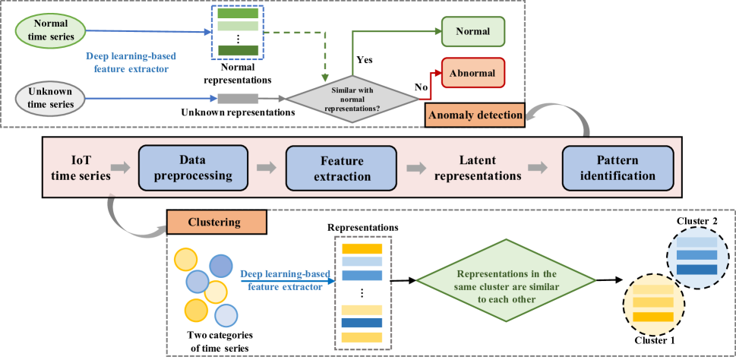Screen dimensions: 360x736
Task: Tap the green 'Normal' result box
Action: pos(472,33)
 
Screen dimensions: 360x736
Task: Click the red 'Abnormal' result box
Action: pos(472,73)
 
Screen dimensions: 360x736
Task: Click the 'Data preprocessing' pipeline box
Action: pos(193,169)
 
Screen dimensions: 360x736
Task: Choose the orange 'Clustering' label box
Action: pos(216,223)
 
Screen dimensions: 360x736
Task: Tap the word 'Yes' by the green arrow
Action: pos(365,58)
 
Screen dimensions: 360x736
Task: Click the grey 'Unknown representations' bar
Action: pos(238,98)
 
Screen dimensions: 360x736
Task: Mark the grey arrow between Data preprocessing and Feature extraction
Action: pos(266,169)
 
